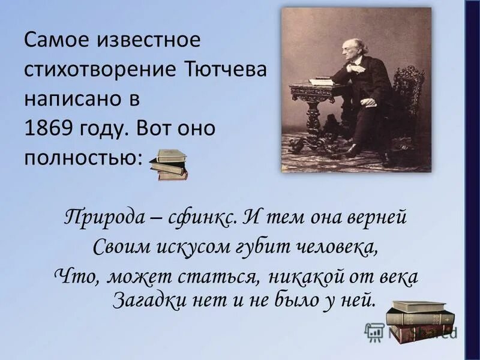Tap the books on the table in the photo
click(321, 79)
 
